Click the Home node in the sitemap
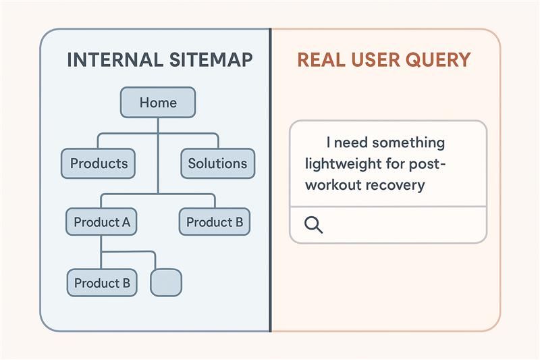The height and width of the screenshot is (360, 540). [158, 102]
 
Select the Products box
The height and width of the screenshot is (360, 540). [98, 163]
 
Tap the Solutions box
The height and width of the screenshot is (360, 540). [217, 163]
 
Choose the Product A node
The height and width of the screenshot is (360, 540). [101, 222]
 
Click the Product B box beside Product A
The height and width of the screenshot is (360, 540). [215, 222]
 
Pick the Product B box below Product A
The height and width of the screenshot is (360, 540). [102, 283]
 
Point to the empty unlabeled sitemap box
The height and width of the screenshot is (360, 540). [166, 282]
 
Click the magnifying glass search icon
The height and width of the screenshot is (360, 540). [313, 225]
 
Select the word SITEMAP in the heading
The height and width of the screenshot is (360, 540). [211, 59]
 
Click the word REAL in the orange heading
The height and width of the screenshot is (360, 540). [321, 59]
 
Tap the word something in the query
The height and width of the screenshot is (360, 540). [409, 143]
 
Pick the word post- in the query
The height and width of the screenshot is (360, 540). [427, 164]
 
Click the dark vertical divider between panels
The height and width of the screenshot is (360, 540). [271, 180]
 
